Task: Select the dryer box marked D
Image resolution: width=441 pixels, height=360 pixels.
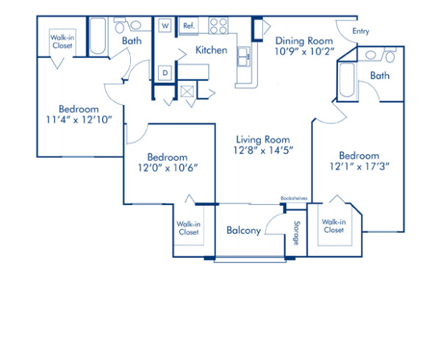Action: click(165, 73)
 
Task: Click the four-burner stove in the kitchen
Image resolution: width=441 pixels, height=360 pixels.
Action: click(219, 26)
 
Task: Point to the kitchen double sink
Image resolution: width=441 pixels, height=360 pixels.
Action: click(244, 54)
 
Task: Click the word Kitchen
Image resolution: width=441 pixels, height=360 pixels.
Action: click(211, 51)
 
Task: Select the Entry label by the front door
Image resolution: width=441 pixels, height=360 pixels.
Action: click(361, 31)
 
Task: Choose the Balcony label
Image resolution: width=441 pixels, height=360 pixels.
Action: click(243, 231)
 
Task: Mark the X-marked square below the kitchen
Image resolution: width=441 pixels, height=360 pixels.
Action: click(187, 93)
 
